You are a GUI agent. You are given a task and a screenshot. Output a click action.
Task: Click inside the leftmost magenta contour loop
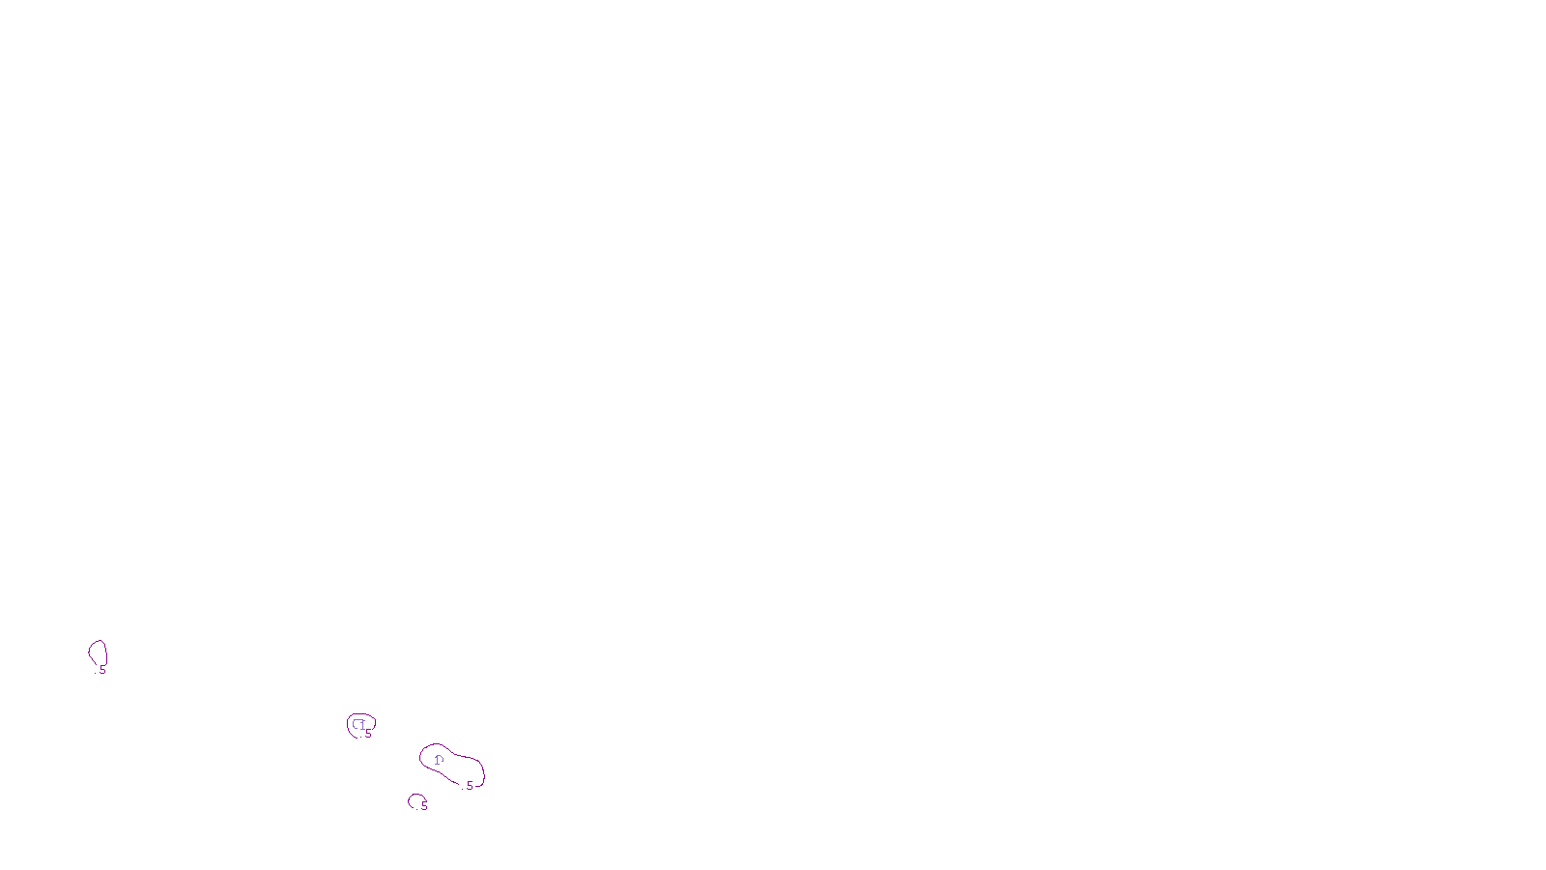(x=98, y=652)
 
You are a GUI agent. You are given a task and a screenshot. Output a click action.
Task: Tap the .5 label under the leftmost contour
(x=101, y=669)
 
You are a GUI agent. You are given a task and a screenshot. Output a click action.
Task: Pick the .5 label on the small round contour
(x=367, y=734)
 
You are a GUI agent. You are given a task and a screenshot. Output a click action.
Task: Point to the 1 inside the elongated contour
(x=438, y=760)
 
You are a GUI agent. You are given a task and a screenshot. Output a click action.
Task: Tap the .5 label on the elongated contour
(x=469, y=786)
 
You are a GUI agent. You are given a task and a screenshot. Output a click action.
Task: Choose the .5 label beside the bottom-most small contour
(x=423, y=805)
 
